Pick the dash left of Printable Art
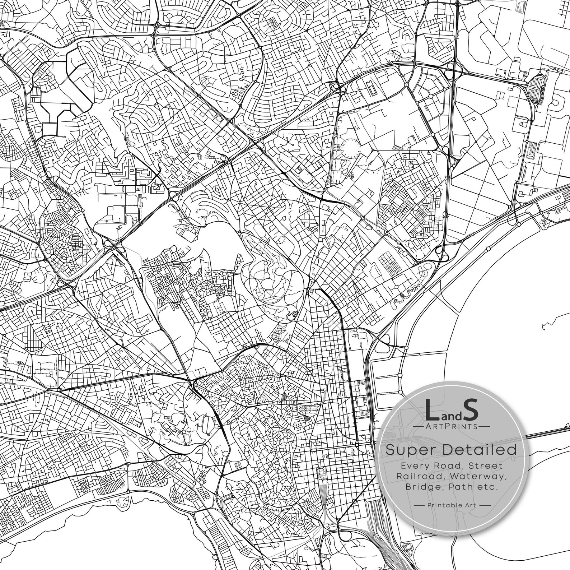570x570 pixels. point(420,505)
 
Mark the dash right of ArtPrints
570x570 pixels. point(485,426)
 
